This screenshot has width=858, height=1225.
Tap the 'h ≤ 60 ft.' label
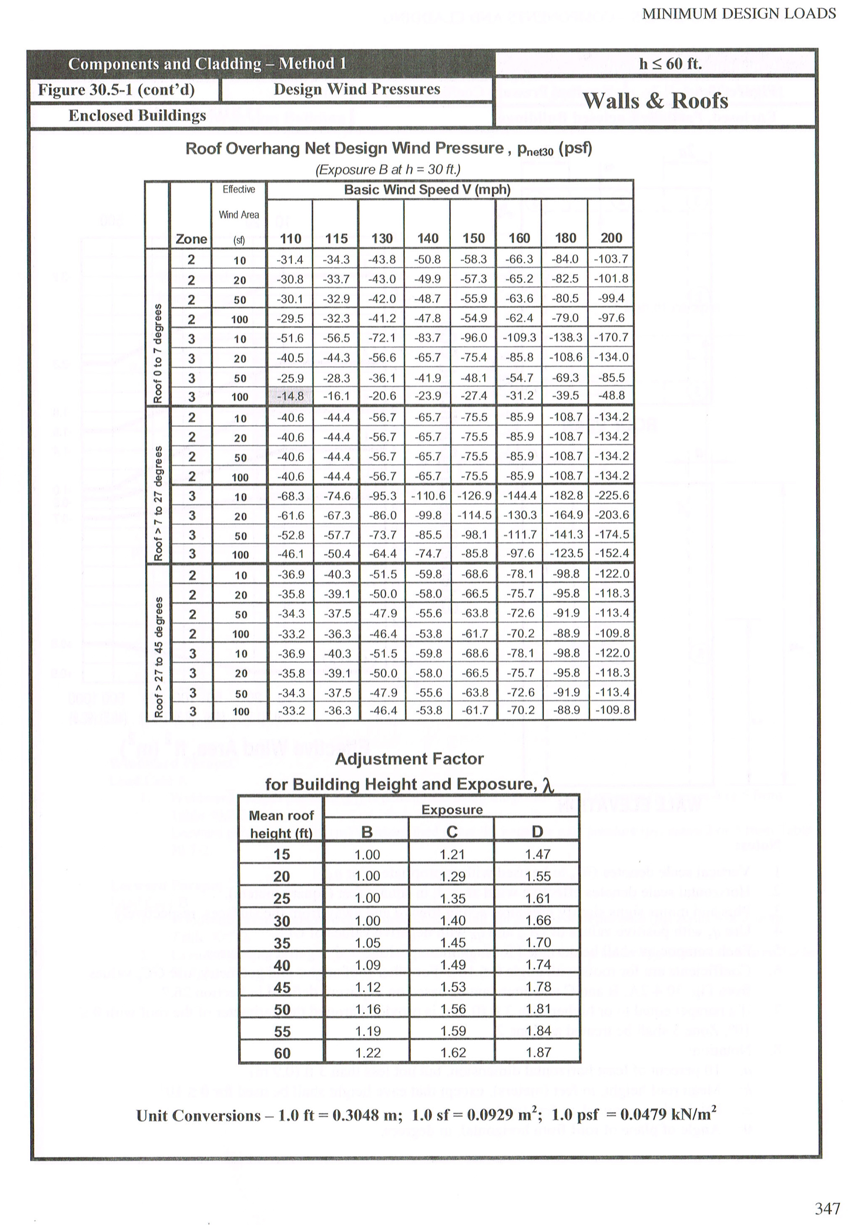[x=670, y=64]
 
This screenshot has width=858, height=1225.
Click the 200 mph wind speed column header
[x=611, y=238]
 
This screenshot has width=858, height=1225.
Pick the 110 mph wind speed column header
[x=290, y=239]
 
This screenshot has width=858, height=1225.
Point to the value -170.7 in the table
[x=611, y=337]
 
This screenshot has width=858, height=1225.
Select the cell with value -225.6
[x=611, y=496]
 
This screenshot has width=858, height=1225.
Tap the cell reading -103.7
[x=611, y=260]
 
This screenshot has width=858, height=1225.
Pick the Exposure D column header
[x=537, y=832]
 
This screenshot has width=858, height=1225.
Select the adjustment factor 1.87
[x=537, y=1053]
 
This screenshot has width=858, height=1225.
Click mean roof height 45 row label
[x=282, y=987]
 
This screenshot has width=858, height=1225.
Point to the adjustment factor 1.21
[x=452, y=854]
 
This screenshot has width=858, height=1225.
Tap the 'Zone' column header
[x=191, y=239]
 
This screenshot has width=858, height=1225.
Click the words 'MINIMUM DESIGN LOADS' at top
[x=739, y=14]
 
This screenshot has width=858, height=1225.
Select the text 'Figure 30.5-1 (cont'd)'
[x=116, y=90]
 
